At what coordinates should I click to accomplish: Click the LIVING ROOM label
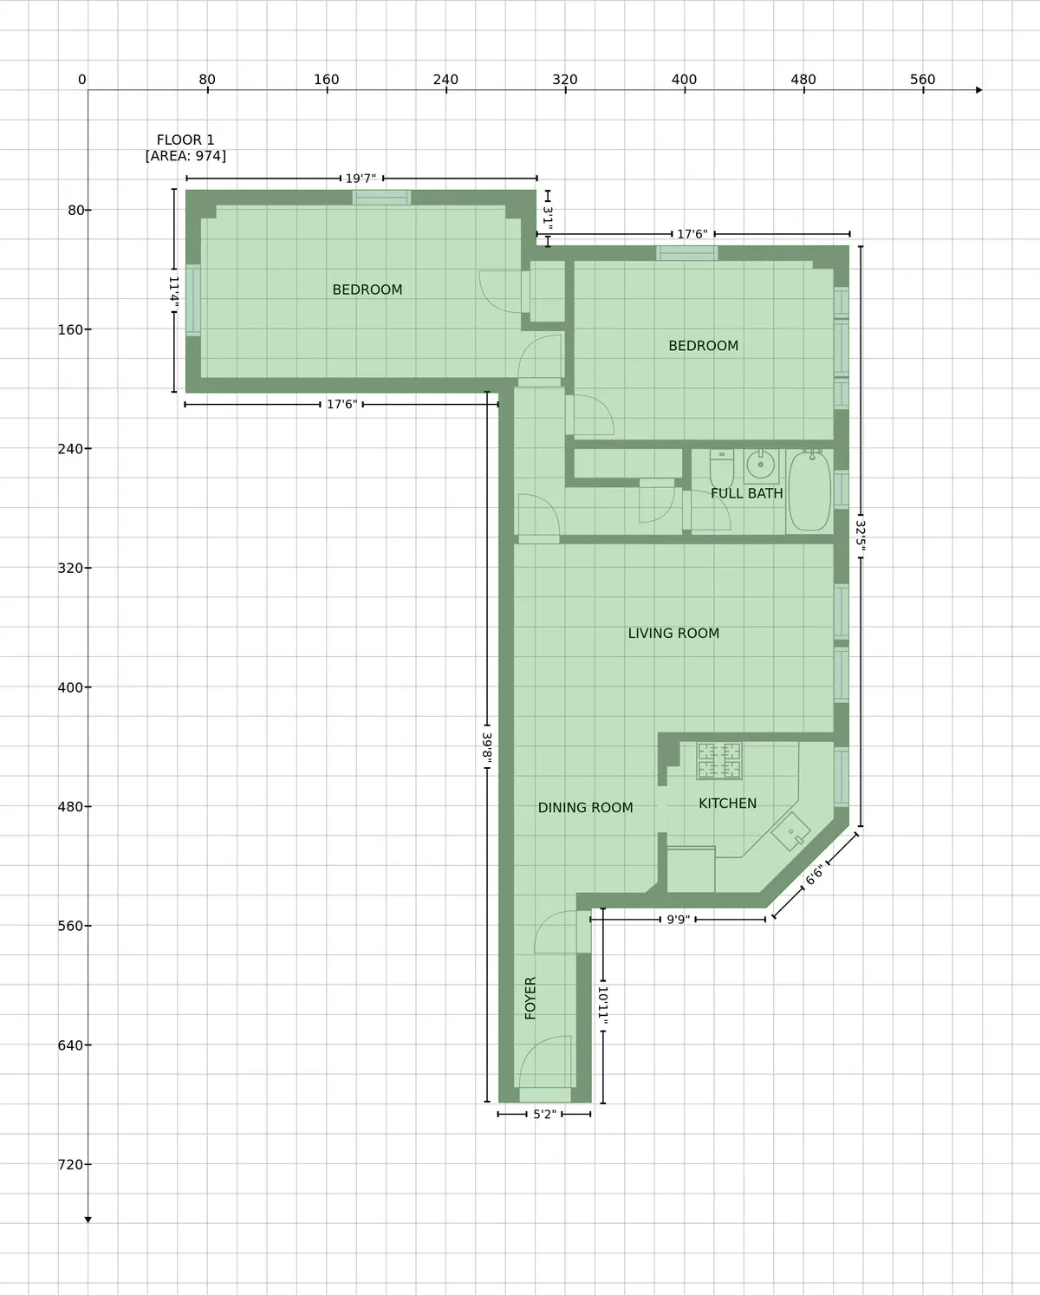point(673,634)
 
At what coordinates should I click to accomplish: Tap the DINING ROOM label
point(585,808)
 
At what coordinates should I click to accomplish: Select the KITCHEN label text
point(727,804)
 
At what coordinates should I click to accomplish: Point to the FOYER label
point(530,998)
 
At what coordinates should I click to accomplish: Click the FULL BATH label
point(746,493)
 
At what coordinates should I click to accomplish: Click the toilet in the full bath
point(722,468)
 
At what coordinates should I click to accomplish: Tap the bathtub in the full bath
point(809,491)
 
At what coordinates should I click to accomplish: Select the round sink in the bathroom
point(761,465)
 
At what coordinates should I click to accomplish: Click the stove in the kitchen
point(719,760)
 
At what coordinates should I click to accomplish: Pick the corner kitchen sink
point(790,832)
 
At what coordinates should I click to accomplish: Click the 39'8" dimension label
point(487,747)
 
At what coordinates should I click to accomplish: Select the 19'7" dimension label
point(361,179)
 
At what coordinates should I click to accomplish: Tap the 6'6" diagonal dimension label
point(815,875)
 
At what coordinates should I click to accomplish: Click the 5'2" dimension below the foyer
point(544,1114)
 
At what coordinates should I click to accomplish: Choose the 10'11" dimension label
point(603,1005)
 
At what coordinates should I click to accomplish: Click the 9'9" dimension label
point(678,919)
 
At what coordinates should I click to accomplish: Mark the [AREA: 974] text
point(185,156)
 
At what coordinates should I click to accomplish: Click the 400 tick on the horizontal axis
point(684,80)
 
